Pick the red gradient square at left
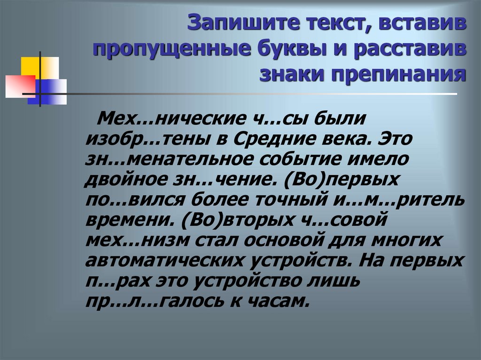[x=20, y=86]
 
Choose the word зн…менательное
[x=167, y=160]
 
